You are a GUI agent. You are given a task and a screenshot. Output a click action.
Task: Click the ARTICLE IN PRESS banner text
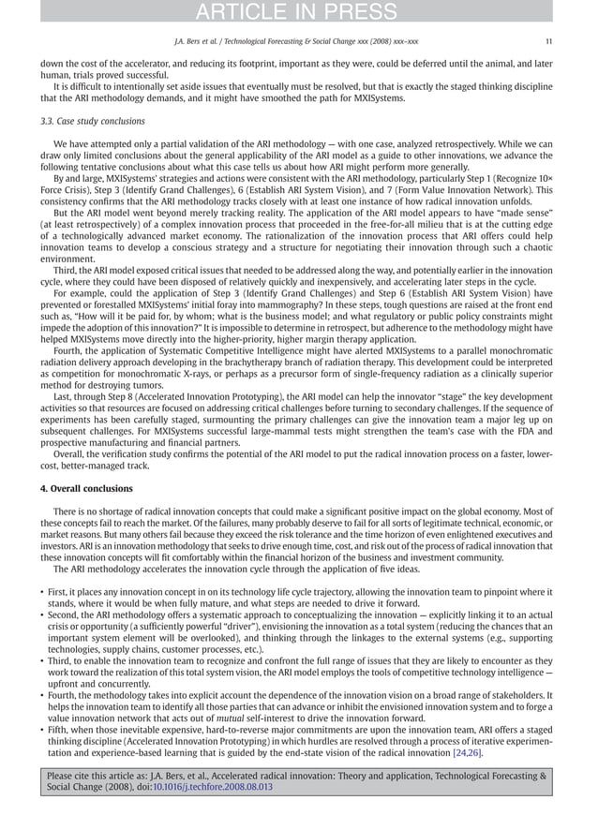coord(298,11)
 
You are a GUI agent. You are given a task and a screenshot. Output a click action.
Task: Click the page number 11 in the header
coord(547,41)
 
